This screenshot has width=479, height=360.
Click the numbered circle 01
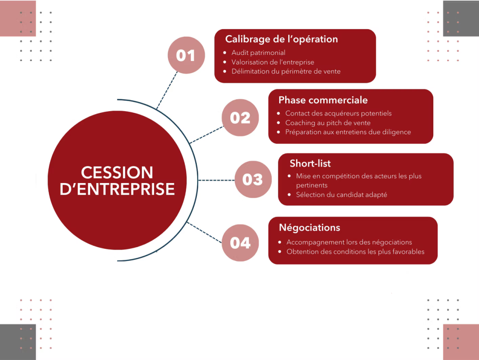[x=186, y=55]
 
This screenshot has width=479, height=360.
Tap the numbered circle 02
[x=240, y=118]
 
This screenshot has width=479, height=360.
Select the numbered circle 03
[x=253, y=180]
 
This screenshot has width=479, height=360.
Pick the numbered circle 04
[x=240, y=243]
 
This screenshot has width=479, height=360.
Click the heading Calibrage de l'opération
[x=281, y=39]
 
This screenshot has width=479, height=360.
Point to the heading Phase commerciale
[x=323, y=100]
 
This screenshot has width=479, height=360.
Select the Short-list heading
[x=310, y=163]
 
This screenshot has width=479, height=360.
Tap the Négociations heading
[x=309, y=228]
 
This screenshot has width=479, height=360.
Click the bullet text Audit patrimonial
[x=258, y=53]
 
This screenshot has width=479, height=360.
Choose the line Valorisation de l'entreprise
[x=273, y=62]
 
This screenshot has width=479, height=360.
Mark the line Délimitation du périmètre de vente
[x=286, y=71]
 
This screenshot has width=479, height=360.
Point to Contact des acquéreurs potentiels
[x=338, y=113]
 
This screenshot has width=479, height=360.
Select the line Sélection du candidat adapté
[x=341, y=195]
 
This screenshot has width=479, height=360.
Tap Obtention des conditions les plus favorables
[x=355, y=251]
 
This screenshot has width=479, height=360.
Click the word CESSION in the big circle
[x=117, y=172]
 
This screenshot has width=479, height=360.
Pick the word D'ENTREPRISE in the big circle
[x=117, y=189]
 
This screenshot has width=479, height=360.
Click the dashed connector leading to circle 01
[x=167, y=90]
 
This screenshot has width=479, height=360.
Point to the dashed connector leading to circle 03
[x=216, y=180]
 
